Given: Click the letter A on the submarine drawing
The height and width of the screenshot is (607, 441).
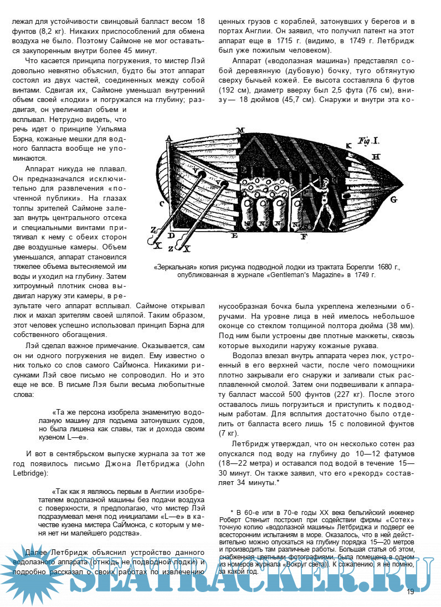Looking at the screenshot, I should click(x=168, y=139).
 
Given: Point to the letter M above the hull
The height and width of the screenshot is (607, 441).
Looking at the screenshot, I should click(x=240, y=130).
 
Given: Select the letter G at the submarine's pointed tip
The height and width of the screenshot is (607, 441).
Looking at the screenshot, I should click(x=394, y=198).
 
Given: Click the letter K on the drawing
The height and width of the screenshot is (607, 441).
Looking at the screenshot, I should click(x=348, y=145).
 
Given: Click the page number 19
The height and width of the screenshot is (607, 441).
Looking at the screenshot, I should click(x=410, y=591).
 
